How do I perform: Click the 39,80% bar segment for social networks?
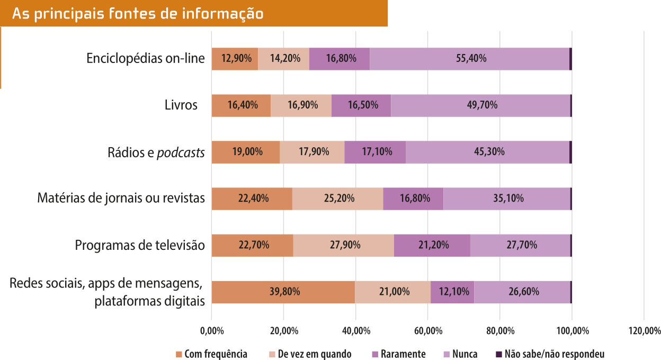pyautogui.click(x=283, y=292)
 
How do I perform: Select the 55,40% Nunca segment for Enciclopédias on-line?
pyautogui.click(x=470, y=59)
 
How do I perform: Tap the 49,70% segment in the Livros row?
pyautogui.click(x=481, y=105)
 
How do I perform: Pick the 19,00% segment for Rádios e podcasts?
pyautogui.click(x=246, y=152)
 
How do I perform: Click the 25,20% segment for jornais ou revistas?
pyautogui.click(x=337, y=199)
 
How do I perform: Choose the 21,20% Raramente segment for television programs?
pyautogui.click(x=432, y=245)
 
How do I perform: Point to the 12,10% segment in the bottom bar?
pyautogui.click(x=452, y=292)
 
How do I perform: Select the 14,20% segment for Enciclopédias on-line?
pyautogui.click(x=283, y=59)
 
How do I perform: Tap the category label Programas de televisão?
pyautogui.click(x=139, y=246)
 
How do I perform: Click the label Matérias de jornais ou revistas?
pyautogui.click(x=121, y=199)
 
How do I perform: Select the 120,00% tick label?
pyautogui.click(x=644, y=331)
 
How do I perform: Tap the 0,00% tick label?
pyautogui.click(x=211, y=331)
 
